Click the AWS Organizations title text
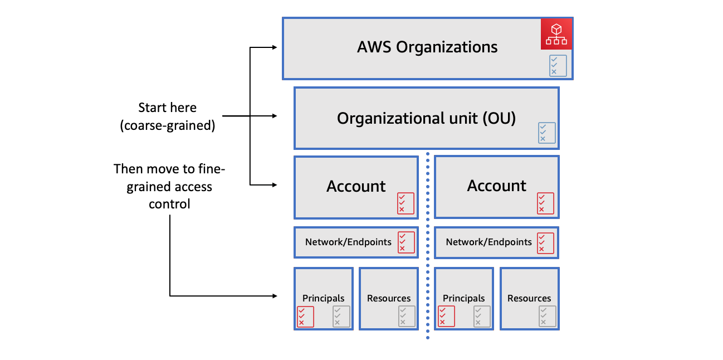coord(427,47)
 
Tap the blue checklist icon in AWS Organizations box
coord(558,65)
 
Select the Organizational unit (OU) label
coord(426,118)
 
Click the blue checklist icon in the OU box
coord(546,133)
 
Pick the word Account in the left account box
coord(356,186)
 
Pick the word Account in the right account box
coord(496,186)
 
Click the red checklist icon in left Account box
coord(406,203)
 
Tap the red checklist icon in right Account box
coord(545,203)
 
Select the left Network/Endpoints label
coord(348,242)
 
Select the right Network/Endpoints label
coord(488,242)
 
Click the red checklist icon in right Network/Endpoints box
coord(545,243)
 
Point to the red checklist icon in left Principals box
coord(305,317)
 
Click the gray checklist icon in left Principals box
coord(341,317)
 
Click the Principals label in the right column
coord(463,298)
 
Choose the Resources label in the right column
coord(529,298)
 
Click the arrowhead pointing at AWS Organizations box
coord(273,48)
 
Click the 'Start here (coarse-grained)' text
coord(167,116)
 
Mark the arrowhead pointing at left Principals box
coord(273,295)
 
